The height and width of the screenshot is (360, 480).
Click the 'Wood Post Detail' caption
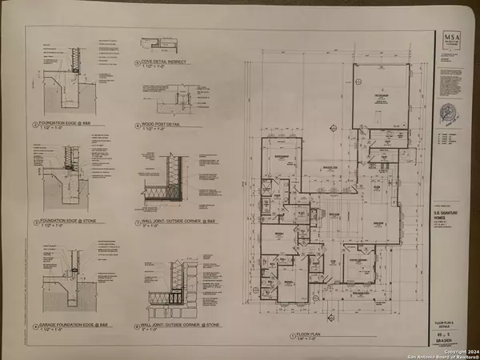pyautogui.click(x=159, y=125)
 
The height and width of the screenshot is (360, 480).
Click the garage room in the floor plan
pyautogui.click(x=380, y=96)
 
